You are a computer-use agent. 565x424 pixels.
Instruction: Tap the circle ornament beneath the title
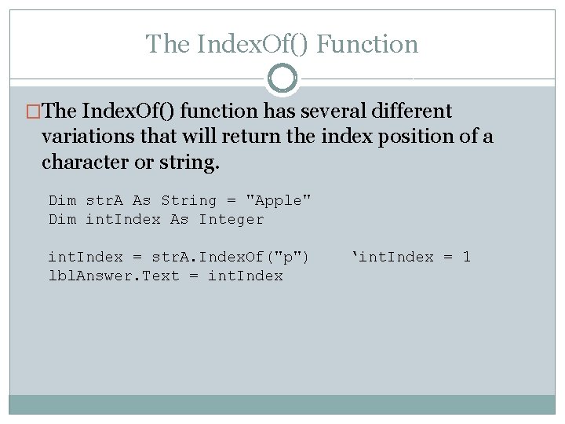point(282,79)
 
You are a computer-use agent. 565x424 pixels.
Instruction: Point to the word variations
point(87,137)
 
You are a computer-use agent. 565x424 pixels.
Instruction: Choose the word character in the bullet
point(84,163)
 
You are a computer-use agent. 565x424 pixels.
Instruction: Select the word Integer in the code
point(231,220)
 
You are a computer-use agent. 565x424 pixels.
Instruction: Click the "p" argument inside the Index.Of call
point(292,258)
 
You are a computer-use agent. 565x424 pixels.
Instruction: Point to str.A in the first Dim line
point(106,201)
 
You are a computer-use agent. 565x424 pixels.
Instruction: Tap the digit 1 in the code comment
point(466,258)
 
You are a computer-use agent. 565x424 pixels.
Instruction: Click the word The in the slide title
point(162,44)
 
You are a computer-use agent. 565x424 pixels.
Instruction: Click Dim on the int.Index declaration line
point(63,220)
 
